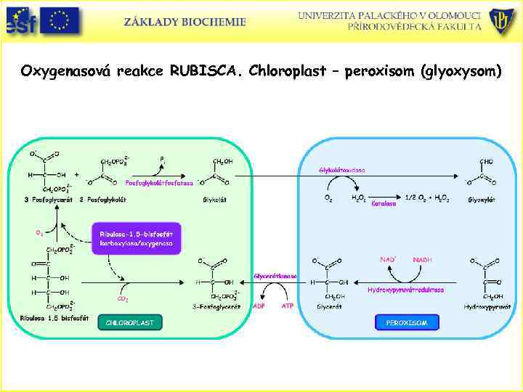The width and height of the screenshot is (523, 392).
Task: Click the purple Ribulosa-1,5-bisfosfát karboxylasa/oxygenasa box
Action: pos(136,237)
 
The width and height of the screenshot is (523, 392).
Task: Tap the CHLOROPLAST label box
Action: pos(130,322)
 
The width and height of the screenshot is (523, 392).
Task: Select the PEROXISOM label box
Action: pos(407,322)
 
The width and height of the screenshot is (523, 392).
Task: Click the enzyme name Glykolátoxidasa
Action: pos(342,170)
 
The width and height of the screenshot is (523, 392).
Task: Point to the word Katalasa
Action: pos(384,204)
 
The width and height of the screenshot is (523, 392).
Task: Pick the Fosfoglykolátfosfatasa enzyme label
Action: pos(159,183)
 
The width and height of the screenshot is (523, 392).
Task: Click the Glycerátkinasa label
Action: pos(275,276)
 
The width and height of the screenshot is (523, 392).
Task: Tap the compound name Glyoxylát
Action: pos(482,200)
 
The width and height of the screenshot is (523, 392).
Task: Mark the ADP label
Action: pos(259,306)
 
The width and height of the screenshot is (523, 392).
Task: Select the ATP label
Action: pos(287,306)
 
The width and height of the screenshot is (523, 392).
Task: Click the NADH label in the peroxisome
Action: pos(423,259)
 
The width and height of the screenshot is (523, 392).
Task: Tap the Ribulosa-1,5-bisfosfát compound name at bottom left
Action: pos(45,317)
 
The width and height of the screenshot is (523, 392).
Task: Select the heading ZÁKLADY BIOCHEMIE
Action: pos(185,22)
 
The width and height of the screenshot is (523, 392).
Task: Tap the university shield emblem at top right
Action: pos(502,20)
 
